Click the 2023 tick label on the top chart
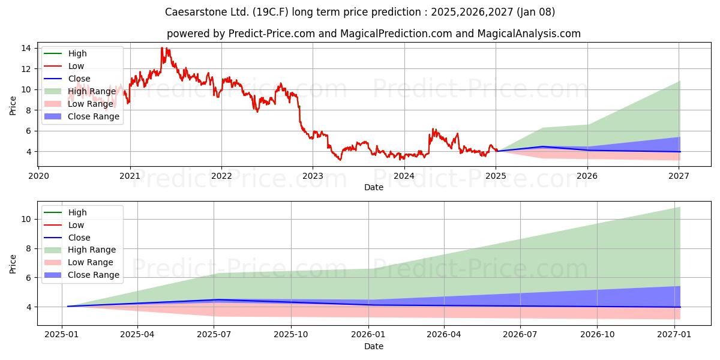pos(313,176)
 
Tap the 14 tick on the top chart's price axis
pos(26,48)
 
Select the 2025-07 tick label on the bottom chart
pos(214,335)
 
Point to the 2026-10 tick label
pos(597,335)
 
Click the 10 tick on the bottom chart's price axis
pos(26,219)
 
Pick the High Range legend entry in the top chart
pos(80,91)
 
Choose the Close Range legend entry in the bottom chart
pos(82,275)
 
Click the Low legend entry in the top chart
pos(64,66)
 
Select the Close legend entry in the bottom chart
pos(67,238)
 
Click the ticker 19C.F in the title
pos(271,12)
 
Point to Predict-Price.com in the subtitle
pos(272,34)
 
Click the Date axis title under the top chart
pos(373,187)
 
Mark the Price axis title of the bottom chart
pos(13,264)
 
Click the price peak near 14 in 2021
pos(161,47)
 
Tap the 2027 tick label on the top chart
pos(679,176)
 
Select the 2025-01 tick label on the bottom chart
pos(61,335)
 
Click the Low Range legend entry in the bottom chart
pos(79,263)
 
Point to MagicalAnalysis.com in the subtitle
pos(529,34)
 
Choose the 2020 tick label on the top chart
pos(38,176)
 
